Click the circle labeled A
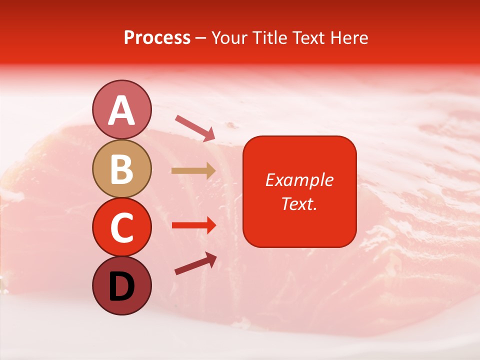(x=121, y=109)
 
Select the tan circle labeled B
(x=121, y=168)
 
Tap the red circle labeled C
(x=121, y=227)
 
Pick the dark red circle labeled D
(x=121, y=285)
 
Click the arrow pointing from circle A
(x=195, y=128)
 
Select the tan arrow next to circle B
(x=193, y=171)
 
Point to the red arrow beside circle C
(x=193, y=225)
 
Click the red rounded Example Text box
(x=299, y=191)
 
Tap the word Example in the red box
(x=299, y=180)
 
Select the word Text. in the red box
(x=299, y=203)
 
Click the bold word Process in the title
(x=157, y=38)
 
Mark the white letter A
(x=121, y=110)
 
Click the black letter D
(x=121, y=287)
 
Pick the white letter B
(x=121, y=169)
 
